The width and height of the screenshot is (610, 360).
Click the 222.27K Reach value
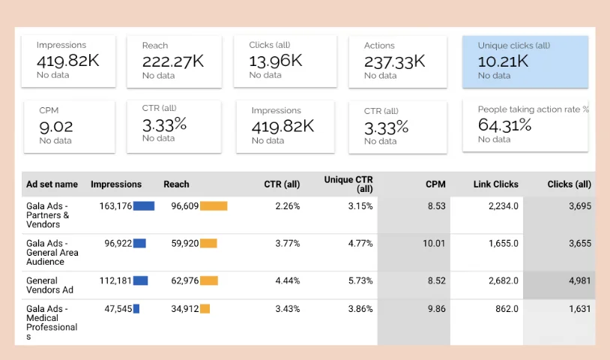point(172,61)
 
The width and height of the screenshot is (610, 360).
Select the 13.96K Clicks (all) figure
point(275,60)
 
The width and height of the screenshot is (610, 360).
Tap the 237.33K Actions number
point(394,61)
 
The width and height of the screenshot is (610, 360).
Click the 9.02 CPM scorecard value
point(56,127)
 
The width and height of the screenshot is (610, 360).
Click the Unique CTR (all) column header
point(348,184)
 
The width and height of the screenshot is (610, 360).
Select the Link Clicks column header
point(495,184)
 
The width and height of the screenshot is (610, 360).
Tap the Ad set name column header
point(52,184)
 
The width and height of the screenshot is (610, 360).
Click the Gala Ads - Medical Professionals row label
point(52,322)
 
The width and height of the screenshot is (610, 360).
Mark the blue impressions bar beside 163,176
point(144,206)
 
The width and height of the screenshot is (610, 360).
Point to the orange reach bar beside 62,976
point(209,281)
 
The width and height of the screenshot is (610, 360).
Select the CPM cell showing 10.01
point(434,243)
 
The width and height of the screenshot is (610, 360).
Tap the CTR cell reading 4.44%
point(287,281)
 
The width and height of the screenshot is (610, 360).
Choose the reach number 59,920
point(184,243)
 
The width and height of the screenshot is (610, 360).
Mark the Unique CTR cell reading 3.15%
point(360,206)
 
